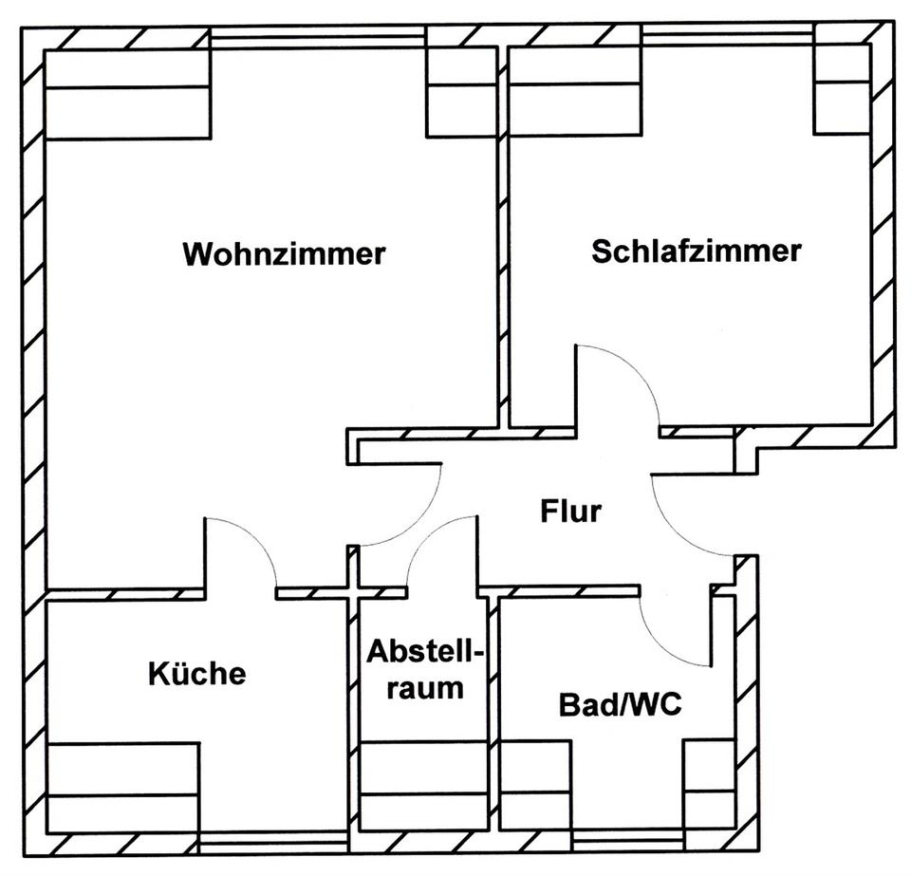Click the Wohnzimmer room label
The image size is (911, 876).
(x=284, y=253)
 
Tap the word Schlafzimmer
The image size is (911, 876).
(x=697, y=252)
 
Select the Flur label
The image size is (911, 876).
(x=570, y=512)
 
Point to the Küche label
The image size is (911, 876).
(x=197, y=673)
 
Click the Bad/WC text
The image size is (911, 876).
(x=620, y=704)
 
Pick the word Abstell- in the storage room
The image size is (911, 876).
(x=425, y=652)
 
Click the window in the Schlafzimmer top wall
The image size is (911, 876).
(x=728, y=37)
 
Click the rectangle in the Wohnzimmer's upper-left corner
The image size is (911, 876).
(x=127, y=95)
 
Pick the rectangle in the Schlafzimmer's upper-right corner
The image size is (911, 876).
(x=842, y=89)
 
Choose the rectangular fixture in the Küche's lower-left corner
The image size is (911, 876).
(x=123, y=788)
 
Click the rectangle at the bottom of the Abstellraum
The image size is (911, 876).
(x=423, y=786)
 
